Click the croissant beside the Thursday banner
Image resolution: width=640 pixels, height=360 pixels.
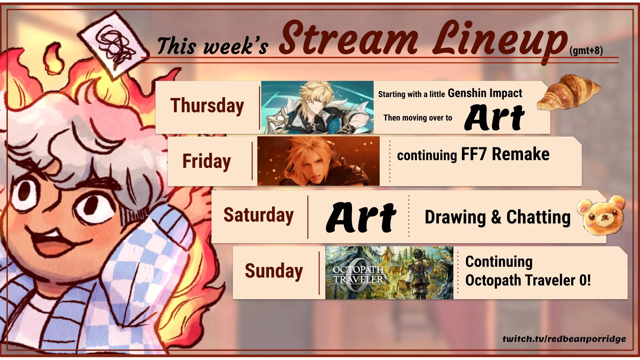(568, 92)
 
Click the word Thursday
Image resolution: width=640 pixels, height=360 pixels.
(207, 106)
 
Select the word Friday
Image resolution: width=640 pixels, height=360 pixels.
(207, 162)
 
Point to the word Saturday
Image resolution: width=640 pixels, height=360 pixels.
(258, 215)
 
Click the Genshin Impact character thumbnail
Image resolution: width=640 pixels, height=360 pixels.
(317, 107)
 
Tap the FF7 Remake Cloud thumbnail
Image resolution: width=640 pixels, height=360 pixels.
(318, 161)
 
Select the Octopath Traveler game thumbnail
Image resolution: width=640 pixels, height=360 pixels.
(389, 273)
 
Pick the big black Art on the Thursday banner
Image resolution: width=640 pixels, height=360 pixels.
(494, 117)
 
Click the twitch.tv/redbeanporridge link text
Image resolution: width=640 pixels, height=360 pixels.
(564, 339)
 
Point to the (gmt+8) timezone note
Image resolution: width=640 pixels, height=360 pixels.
(586, 51)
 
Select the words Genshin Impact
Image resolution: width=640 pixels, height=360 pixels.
(485, 93)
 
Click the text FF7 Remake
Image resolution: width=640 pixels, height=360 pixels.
(505, 154)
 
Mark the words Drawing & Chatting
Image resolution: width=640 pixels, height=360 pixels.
(497, 217)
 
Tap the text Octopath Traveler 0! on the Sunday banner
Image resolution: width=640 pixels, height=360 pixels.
(528, 280)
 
